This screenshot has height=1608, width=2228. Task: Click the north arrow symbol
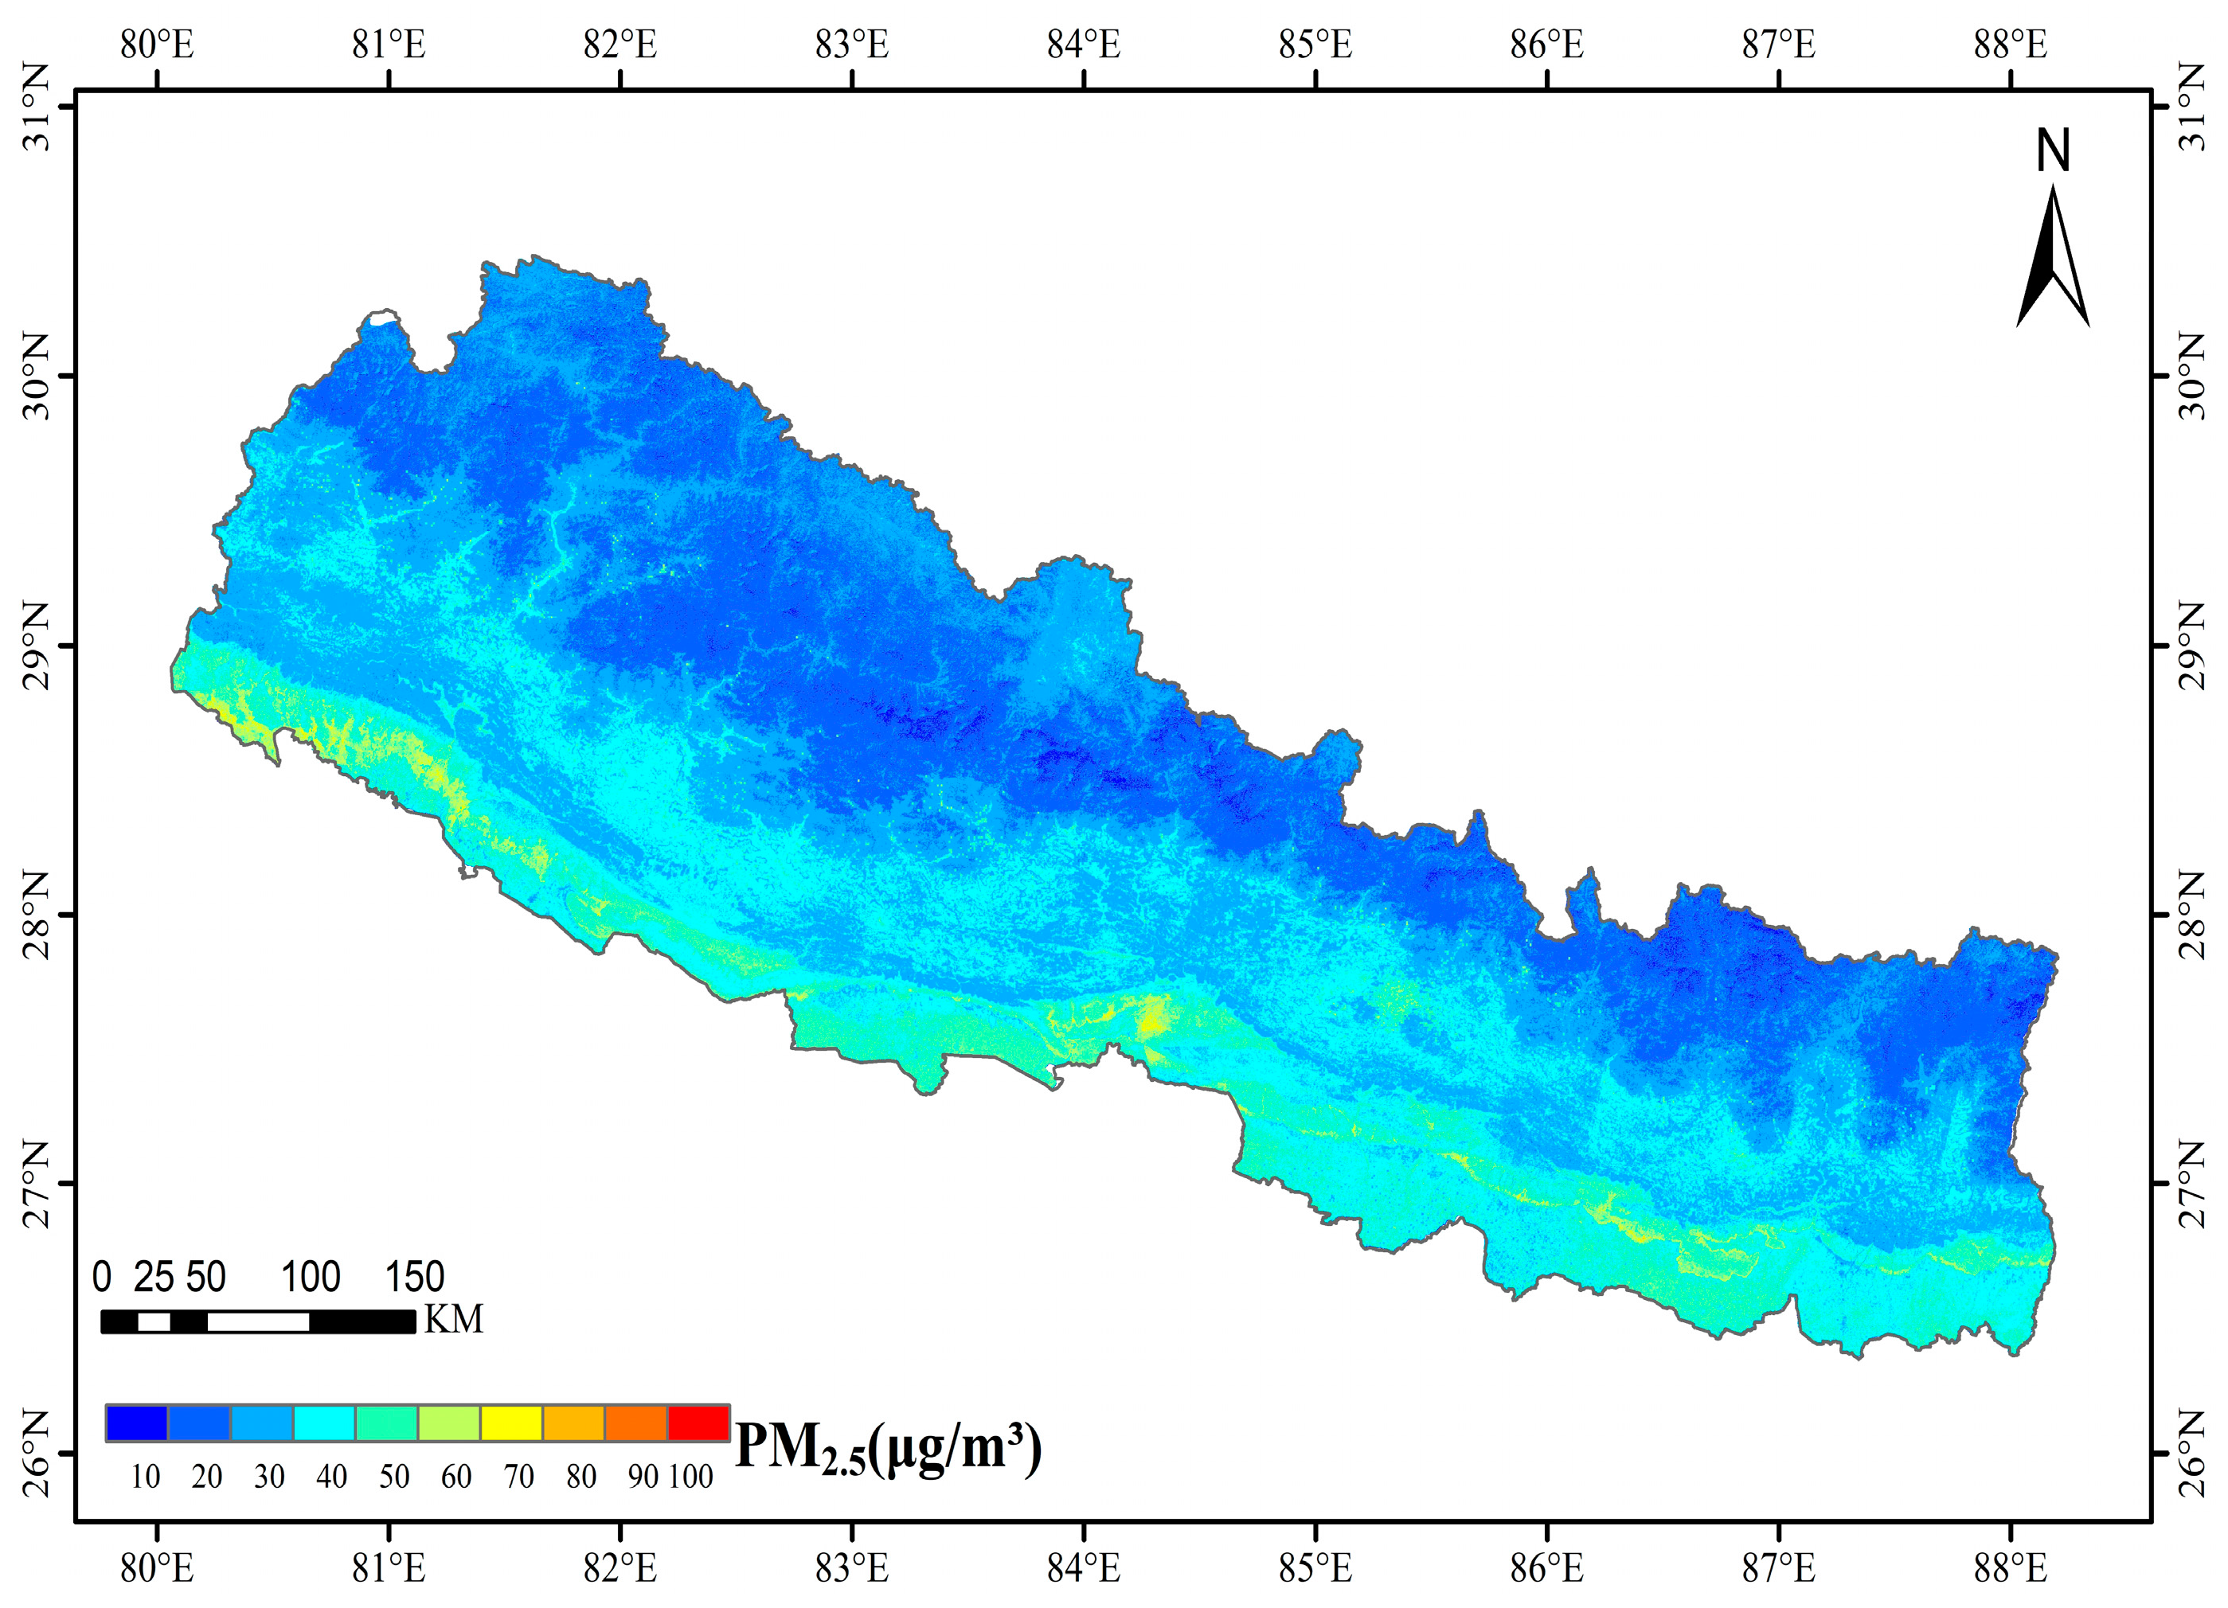pos(2052,260)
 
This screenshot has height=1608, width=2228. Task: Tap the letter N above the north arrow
pos(2052,152)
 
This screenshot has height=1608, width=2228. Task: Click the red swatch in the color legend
pos(698,1423)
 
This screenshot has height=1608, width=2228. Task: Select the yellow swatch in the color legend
pos(511,1423)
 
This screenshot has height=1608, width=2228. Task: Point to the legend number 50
pos(394,1477)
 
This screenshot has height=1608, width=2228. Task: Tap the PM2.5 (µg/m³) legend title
pos(887,1448)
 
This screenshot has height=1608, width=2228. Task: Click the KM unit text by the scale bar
pos(453,1319)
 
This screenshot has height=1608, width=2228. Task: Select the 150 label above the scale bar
pos(415,1277)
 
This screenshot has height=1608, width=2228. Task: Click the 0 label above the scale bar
pos(101,1277)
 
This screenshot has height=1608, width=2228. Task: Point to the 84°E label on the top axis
pos(1084,45)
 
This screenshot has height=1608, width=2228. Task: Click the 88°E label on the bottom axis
pos(2011,1569)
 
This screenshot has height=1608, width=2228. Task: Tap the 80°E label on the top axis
pos(157,45)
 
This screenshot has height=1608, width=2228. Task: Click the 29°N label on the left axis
pos(37,646)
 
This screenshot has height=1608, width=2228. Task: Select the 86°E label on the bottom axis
pos(1547,1569)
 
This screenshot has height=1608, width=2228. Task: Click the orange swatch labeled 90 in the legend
pos(635,1423)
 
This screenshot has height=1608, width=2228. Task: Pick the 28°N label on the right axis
pos(2191,915)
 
